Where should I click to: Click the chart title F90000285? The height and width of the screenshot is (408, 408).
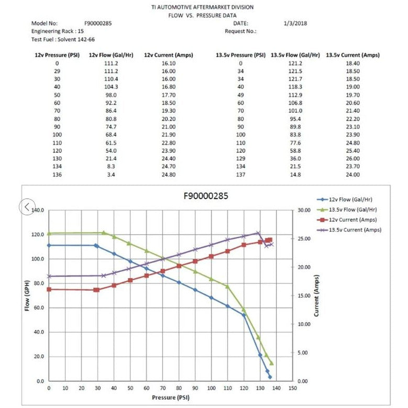pos(206,196)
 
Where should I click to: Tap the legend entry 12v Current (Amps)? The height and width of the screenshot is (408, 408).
pos(352,220)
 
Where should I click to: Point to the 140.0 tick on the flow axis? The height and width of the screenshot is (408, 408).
pos(38,211)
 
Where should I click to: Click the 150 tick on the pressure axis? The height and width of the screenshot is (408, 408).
pos(292,388)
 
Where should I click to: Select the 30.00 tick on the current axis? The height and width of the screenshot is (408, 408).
pos(304,211)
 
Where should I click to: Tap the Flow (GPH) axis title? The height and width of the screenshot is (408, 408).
pos(27,296)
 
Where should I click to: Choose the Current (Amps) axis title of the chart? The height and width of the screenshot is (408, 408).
pos(316,296)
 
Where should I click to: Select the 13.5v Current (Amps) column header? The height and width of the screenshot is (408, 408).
pos(352,55)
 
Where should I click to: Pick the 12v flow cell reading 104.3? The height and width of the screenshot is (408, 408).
pos(111,87)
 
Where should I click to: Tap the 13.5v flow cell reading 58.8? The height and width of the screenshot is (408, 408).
pos(295,150)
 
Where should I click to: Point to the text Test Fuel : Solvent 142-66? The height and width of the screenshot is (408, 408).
pos(60,39)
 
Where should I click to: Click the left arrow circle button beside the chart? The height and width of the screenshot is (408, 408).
pos(27,206)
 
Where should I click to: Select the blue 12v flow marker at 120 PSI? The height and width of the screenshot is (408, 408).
pos(244,315)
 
